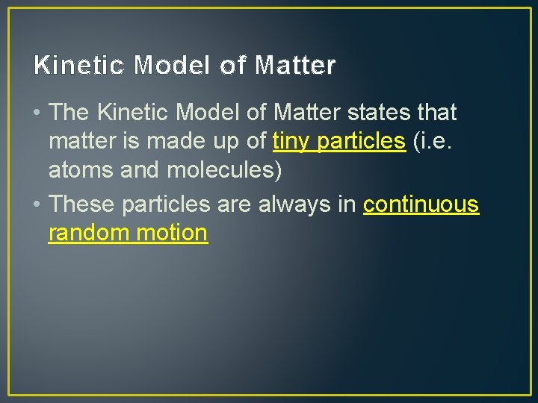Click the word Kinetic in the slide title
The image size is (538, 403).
(79, 66)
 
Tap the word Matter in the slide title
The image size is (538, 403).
(295, 66)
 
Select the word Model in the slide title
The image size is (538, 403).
(175, 66)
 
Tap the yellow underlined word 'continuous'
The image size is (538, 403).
(421, 204)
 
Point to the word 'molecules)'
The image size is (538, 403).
(223, 170)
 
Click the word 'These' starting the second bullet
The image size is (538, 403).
(82, 204)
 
